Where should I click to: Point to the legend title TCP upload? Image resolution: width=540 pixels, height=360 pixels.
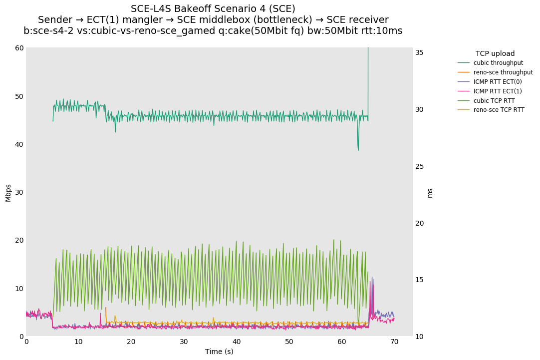pos(495,53)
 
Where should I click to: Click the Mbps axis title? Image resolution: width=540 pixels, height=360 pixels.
pos(8,192)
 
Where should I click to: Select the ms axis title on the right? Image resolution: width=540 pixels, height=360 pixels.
pos(430,193)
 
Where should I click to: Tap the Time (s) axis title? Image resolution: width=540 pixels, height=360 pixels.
pos(219,352)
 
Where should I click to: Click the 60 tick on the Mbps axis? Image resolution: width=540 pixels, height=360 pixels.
pos(19,48)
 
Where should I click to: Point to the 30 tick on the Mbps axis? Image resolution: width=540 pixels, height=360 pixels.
pos(19,192)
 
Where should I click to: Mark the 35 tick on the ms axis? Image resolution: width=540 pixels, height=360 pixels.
pos(420,52)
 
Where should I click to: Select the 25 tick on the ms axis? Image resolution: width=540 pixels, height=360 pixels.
pos(420,166)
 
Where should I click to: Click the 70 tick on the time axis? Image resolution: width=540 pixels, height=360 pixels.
pos(394,342)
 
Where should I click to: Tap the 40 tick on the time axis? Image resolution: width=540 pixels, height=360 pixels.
pos(237,342)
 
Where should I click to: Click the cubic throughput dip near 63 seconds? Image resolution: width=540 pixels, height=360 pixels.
pos(358,150)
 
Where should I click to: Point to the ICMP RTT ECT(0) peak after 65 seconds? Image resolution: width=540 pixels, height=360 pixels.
pos(372,277)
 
